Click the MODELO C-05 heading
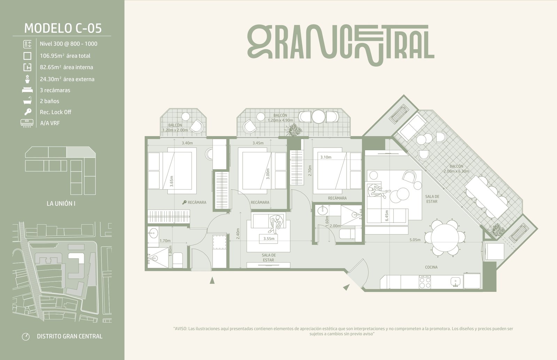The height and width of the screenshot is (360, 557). tap(63, 28)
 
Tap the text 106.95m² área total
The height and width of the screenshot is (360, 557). tap(65, 56)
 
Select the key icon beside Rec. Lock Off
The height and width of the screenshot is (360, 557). tap(28, 112)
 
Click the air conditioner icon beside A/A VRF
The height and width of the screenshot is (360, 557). tap(27, 123)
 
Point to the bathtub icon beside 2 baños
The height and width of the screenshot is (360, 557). tap(28, 101)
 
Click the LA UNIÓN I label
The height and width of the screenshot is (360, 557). tap(61, 203)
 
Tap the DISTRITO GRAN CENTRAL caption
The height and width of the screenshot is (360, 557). tap(70, 336)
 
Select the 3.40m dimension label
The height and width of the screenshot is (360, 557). tap(187, 143)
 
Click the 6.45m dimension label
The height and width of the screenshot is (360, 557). tap(387, 216)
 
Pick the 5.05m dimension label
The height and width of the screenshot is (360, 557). tap(415, 240)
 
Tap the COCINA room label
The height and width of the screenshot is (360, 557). tap(431, 267)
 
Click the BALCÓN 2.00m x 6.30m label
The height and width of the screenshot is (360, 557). tap(456, 169)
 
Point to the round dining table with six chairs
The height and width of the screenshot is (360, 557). tap(445, 238)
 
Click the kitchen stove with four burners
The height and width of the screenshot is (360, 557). tap(425, 282)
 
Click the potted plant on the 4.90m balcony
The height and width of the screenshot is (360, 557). tap(294, 130)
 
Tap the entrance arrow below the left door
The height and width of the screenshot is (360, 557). tap(212, 280)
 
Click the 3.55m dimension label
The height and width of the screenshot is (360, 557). tap(269, 239)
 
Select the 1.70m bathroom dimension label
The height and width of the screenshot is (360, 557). tap(165, 241)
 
